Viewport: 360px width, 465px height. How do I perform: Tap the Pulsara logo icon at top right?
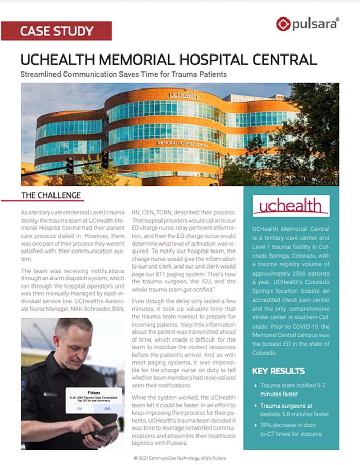282,24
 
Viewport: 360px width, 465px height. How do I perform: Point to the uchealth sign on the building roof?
182,95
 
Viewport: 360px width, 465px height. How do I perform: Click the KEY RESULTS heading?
278,371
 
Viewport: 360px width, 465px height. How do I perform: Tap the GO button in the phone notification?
107,408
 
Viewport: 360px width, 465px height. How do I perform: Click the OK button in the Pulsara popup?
80,408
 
